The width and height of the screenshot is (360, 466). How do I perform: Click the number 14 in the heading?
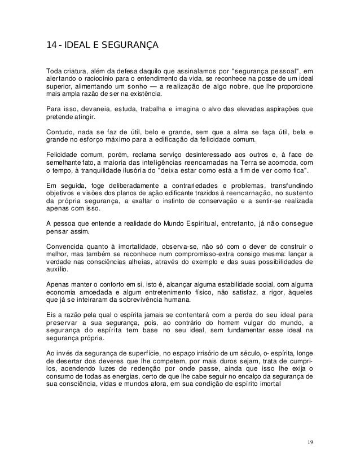click(x=51, y=45)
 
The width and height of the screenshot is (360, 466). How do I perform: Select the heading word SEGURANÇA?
click(x=134, y=45)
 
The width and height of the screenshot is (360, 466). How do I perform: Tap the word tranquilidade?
click(x=94, y=170)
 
